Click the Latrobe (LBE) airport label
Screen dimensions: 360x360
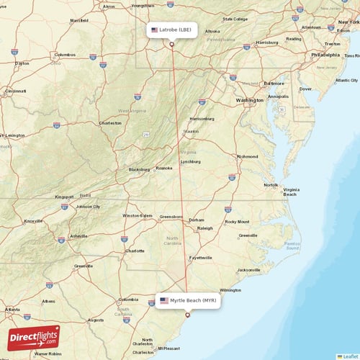point(171,30)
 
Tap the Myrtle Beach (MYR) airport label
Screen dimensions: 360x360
point(187,300)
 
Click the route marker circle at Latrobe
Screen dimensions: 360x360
point(172,44)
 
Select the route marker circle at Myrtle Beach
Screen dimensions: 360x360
point(188,314)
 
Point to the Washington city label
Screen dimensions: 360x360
point(249,100)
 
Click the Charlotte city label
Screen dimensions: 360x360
point(135,251)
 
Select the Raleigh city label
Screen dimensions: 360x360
point(205,228)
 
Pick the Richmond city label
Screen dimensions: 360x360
point(248,156)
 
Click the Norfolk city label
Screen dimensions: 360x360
point(271,185)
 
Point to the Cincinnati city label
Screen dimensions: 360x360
point(15,91)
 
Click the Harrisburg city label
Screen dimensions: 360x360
point(266,42)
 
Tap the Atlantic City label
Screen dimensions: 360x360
point(346,80)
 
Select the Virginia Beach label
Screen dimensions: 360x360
point(290,191)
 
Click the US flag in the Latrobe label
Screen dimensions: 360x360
point(154,30)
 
